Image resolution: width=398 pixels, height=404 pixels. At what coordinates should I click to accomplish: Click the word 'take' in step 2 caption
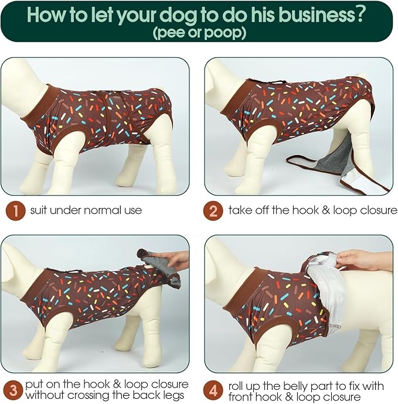click(240, 210)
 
